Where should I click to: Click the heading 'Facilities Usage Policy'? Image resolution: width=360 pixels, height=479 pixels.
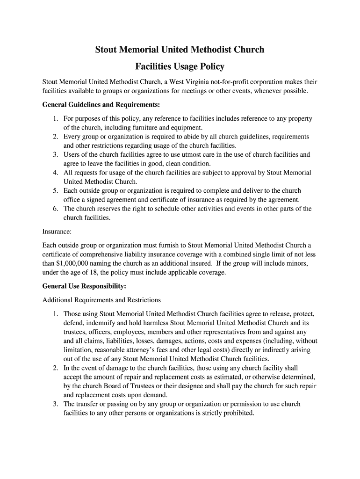click(x=180, y=66)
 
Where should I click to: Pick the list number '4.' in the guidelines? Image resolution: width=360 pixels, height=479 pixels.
click(x=55, y=173)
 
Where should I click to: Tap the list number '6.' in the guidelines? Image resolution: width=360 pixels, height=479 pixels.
click(x=55, y=209)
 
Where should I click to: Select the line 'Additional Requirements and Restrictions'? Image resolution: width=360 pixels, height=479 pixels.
click(x=101, y=300)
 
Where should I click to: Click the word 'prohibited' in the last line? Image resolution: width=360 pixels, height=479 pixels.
click(x=238, y=414)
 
